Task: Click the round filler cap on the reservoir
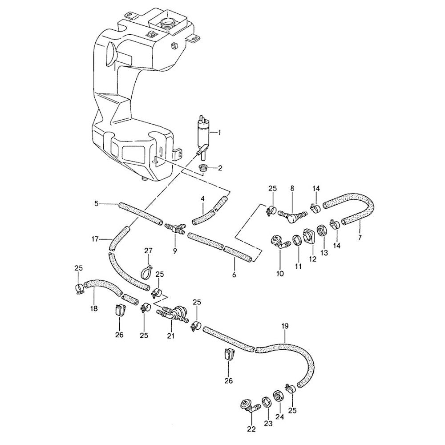pyautogui.click(x=167, y=22)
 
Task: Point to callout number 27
pyautogui.click(x=149, y=251)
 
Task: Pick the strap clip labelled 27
pyautogui.click(x=147, y=272)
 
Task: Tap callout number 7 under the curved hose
pyautogui.click(x=360, y=238)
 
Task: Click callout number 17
pyautogui.click(x=95, y=239)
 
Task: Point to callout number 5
pyautogui.click(x=97, y=203)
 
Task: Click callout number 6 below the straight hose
pyautogui.click(x=234, y=275)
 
